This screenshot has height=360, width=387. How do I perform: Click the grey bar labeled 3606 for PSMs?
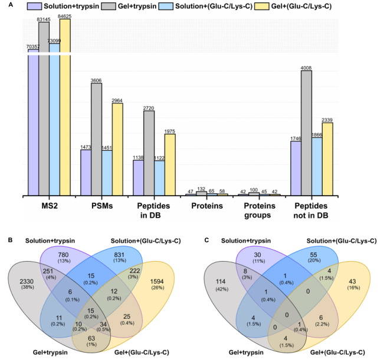[x=97, y=140]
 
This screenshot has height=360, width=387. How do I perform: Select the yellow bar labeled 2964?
[x=117, y=150]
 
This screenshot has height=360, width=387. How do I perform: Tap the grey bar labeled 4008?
[x=306, y=133]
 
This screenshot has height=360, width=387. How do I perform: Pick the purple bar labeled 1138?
[x=138, y=178]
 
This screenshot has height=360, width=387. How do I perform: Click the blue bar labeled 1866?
[x=317, y=167]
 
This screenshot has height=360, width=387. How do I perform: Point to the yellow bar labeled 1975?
[x=170, y=165]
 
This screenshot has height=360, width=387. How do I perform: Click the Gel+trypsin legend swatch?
[x=108, y=6]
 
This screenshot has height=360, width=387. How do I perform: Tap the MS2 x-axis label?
[x=50, y=206]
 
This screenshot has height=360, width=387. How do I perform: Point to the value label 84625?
[x=65, y=16]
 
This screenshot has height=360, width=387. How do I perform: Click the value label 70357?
[x=33, y=47]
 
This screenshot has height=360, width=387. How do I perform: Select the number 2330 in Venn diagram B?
[x=27, y=282]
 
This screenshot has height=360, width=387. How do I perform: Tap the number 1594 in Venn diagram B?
[x=157, y=282]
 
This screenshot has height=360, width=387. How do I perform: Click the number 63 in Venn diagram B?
[x=91, y=338]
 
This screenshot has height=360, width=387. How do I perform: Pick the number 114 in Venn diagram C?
[x=221, y=282]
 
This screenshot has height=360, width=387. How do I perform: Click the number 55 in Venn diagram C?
[x=313, y=255]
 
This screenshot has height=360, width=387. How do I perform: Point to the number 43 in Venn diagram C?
[x=352, y=282]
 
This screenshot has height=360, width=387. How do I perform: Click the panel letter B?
[x=10, y=240]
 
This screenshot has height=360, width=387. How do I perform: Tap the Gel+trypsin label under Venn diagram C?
[x=246, y=352]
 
